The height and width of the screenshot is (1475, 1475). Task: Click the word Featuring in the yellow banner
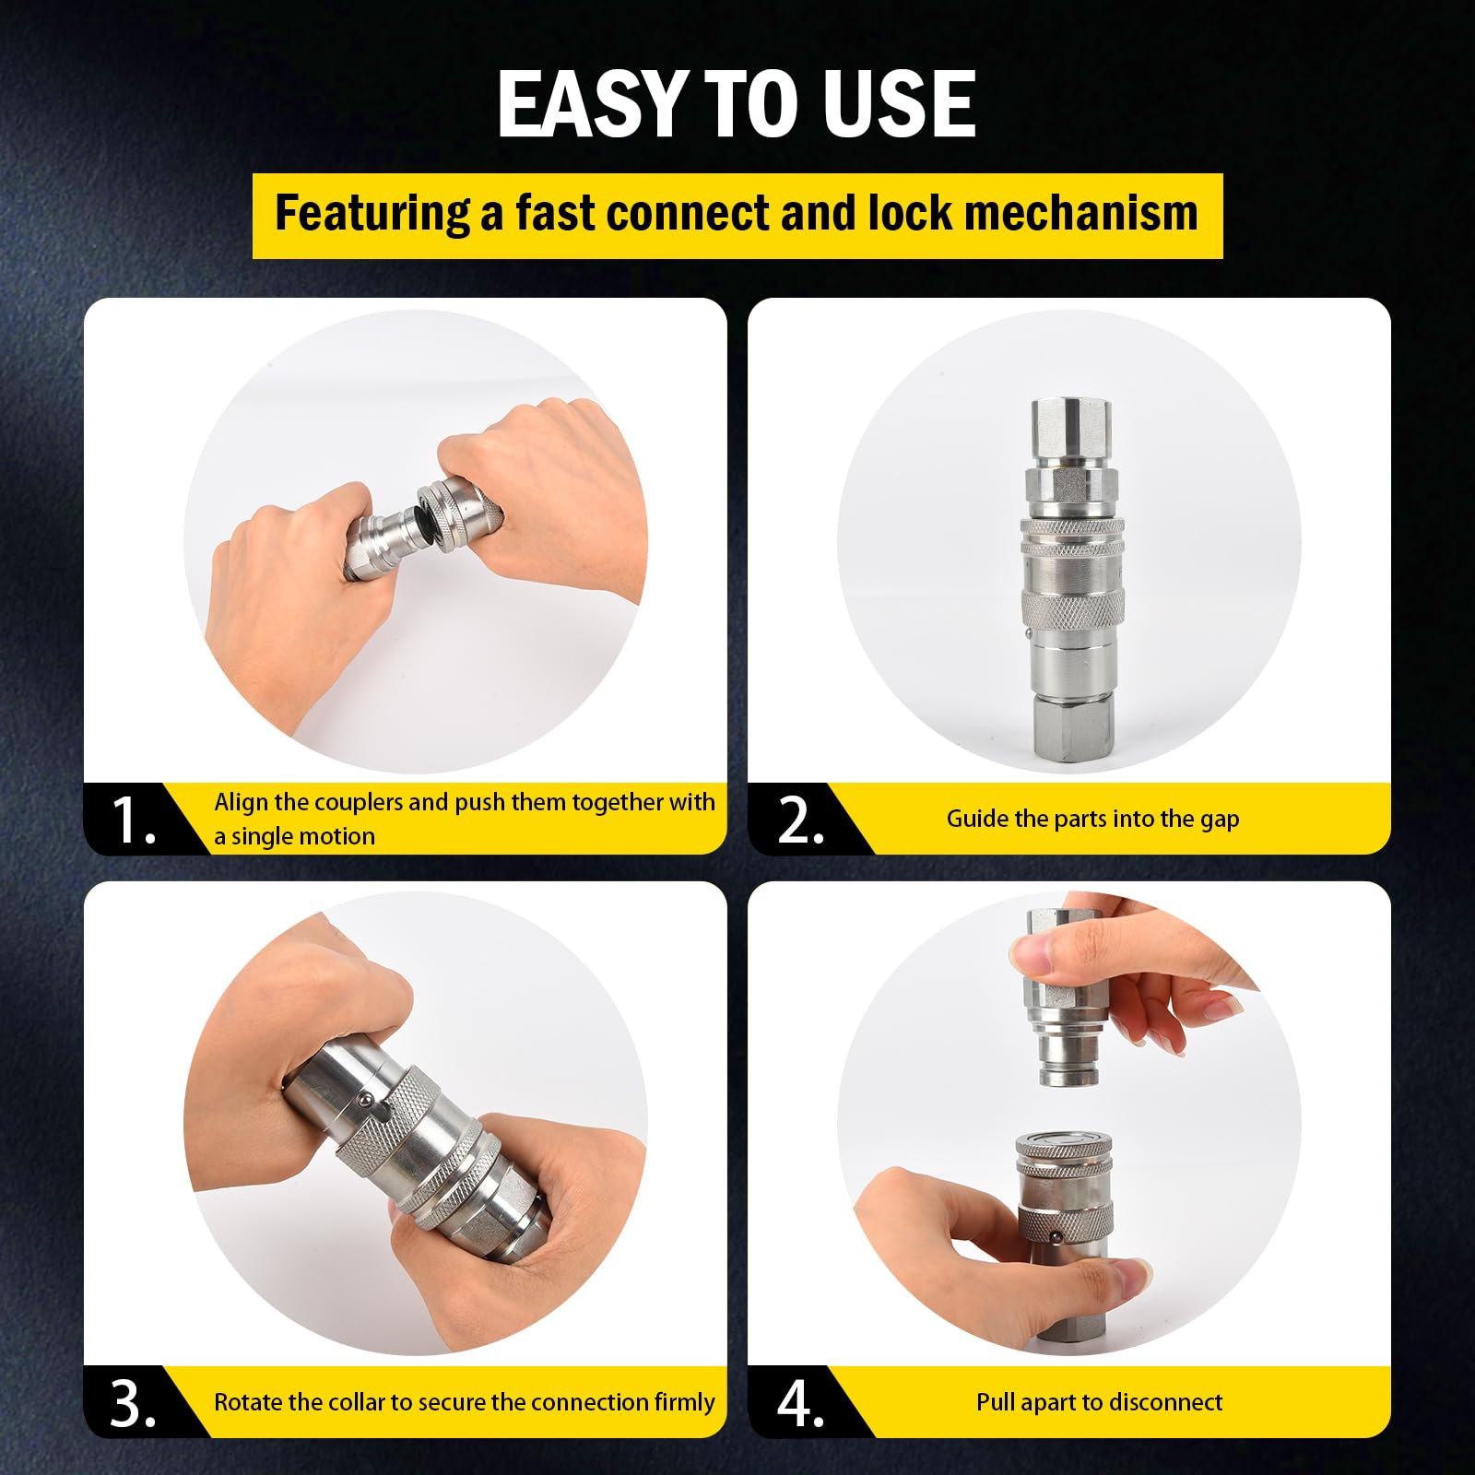(372, 215)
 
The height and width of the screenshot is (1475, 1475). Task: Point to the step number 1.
(133, 820)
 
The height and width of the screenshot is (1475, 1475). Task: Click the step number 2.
(800, 820)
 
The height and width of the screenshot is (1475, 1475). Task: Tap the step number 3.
(133, 1403)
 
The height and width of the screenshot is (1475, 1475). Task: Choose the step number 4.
(800, 1403)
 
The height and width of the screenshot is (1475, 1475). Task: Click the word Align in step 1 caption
(242, 803)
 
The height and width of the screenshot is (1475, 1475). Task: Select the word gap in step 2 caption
(1220, 820)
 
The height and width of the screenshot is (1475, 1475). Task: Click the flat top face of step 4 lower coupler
(1061, 1142)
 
